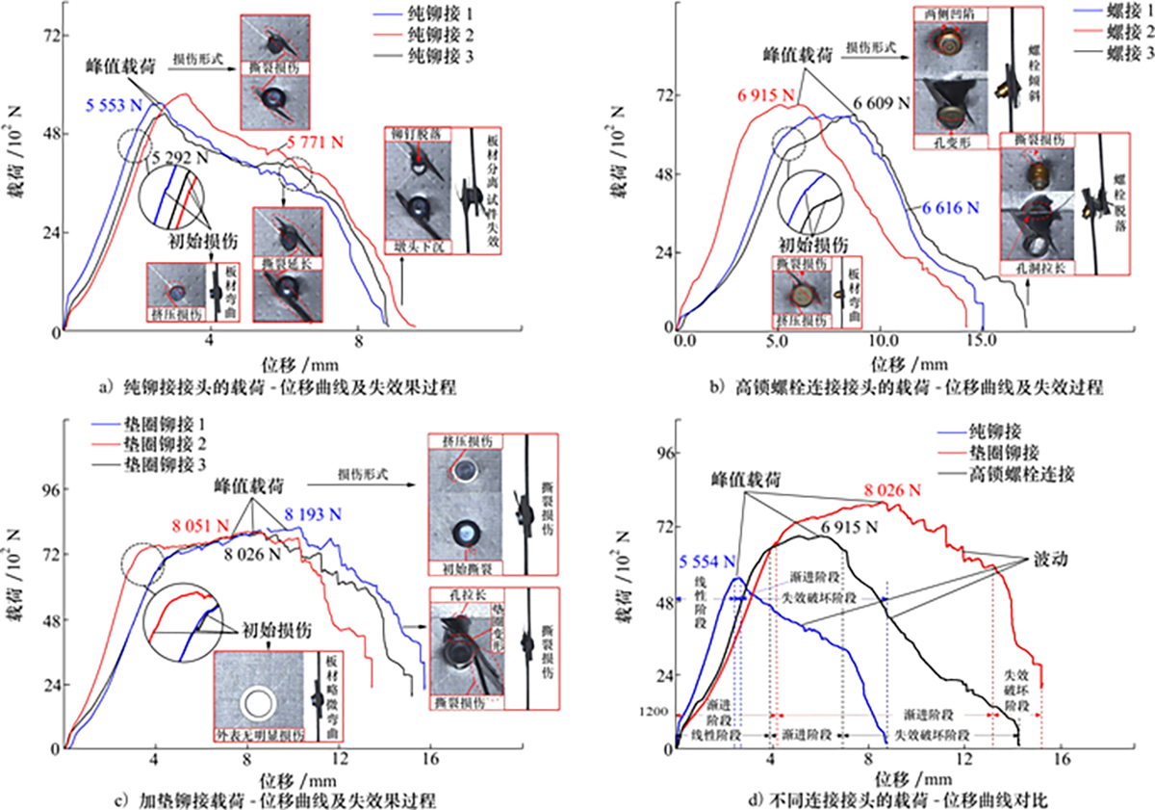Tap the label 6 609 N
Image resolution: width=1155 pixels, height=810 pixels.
[881, 100]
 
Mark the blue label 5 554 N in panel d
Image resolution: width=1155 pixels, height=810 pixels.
[708, 562]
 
